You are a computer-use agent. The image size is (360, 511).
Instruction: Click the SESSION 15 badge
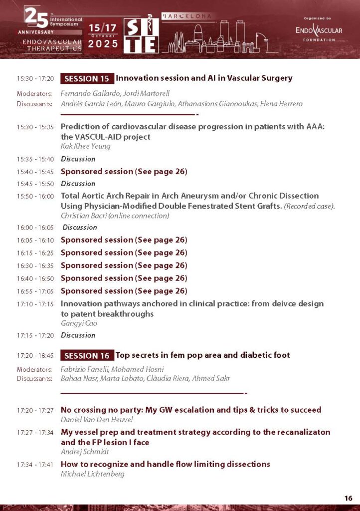click(x=87, y=78)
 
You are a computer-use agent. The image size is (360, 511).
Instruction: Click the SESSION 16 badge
click(x=87, y=355)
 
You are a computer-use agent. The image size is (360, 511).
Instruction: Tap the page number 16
click(x=348, y=498)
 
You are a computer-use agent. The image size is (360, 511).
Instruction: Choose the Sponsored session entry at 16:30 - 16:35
click(x=124, y=265)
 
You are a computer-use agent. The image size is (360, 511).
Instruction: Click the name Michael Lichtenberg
click(x=92, y=474)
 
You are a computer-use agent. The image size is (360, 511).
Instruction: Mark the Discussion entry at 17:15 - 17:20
click(x=78, y=335)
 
